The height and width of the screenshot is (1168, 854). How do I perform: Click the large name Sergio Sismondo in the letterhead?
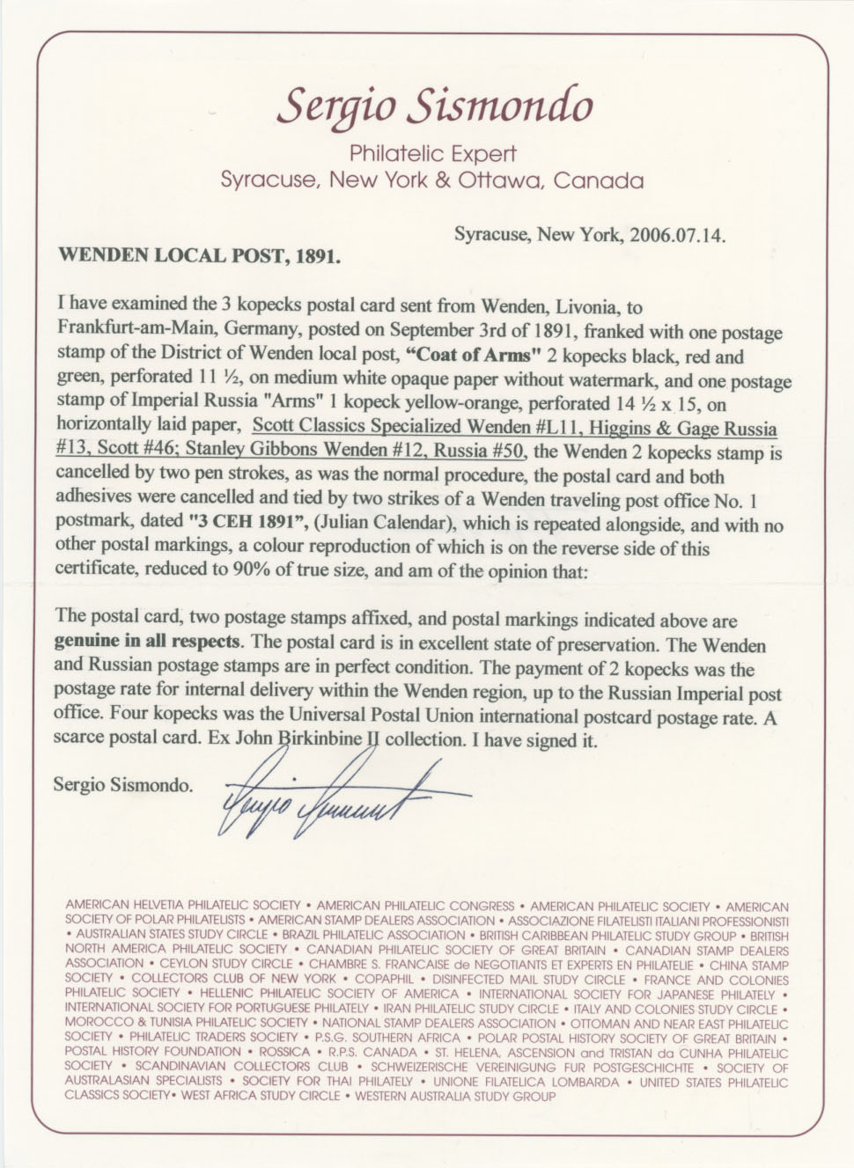click(x=435, y=107)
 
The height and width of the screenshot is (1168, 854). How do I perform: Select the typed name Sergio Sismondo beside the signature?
click(x=122, y=783)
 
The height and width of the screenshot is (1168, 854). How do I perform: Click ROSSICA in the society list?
click(x=287, y=1052)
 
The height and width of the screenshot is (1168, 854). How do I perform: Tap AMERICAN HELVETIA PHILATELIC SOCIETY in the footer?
click(x=186, y=905)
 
